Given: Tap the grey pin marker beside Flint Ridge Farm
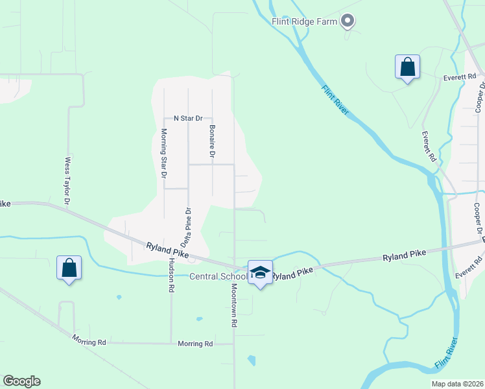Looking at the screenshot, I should [x=348, y=21].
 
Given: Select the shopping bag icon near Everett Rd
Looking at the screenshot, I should [x=407, y=67].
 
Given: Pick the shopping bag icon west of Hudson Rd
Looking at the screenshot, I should [x=69, y=268].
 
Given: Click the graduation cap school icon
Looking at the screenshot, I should [x=260, y=272].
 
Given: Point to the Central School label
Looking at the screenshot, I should [x=218, y=277].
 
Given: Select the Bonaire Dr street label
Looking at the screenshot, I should [x=212, y=141].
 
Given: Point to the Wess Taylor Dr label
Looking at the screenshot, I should [x=67, y=181].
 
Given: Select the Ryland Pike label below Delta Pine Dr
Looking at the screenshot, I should [x=167, y=250].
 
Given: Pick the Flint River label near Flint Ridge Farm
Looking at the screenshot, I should [x=336, y=100].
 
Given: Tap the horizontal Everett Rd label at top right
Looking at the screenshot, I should [x=460, y=77].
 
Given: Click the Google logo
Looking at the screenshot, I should [x=22, y=381].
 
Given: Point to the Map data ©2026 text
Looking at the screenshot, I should [x=456, y=384].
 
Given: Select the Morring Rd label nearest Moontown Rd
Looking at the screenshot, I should [x=195, y=344].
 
